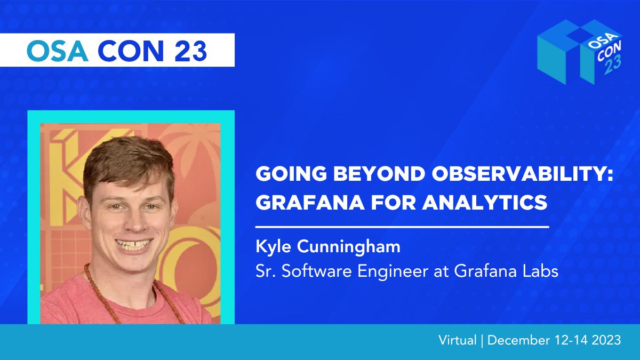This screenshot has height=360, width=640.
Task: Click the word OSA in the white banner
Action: coord(58,51)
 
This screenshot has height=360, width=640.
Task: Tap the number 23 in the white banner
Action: coord(190,51)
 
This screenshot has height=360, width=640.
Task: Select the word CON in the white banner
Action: coord(131,51)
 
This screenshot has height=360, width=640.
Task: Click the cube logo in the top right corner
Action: coord(580,52)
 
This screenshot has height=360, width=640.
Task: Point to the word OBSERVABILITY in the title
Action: coord(523,173)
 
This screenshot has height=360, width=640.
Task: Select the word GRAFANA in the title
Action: coord(310,202)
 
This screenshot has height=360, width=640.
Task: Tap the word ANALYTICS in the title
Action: coord(485,202)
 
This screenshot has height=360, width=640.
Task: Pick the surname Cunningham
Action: coord(349,246)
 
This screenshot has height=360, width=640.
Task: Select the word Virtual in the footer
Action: coord(458,340)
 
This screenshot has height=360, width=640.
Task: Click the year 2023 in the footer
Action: coord(606,340)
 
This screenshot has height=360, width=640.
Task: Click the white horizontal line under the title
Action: coord(402,227)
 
